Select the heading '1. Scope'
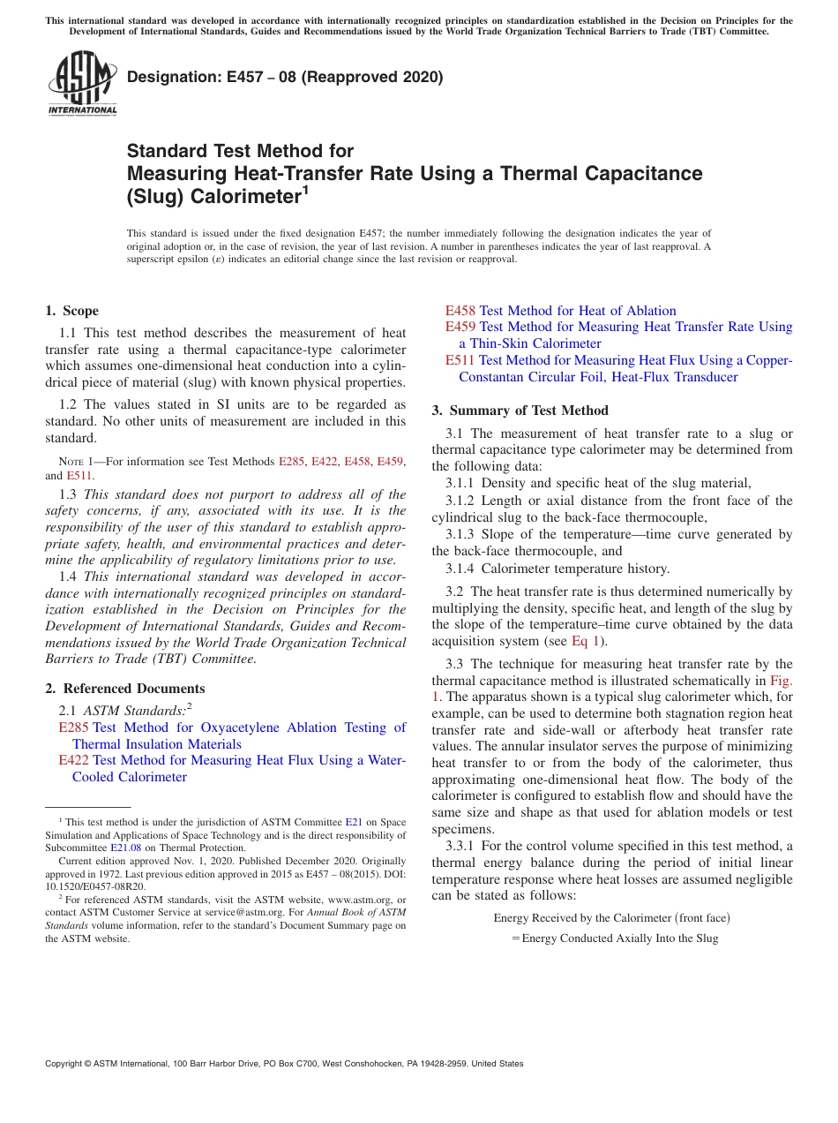[x=72, y=311]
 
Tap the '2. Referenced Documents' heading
[x=124, y=689]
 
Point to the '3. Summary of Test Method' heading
[x=520, y=410]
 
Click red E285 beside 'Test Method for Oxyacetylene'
[x=73, y=727]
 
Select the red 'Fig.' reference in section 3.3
[x=782, y=681]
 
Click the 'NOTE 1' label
[x=77, y=462]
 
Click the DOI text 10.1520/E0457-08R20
[x=95, y=886]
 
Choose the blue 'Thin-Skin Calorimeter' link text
[x=535, y=343]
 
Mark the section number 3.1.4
[x=461, y=569]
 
